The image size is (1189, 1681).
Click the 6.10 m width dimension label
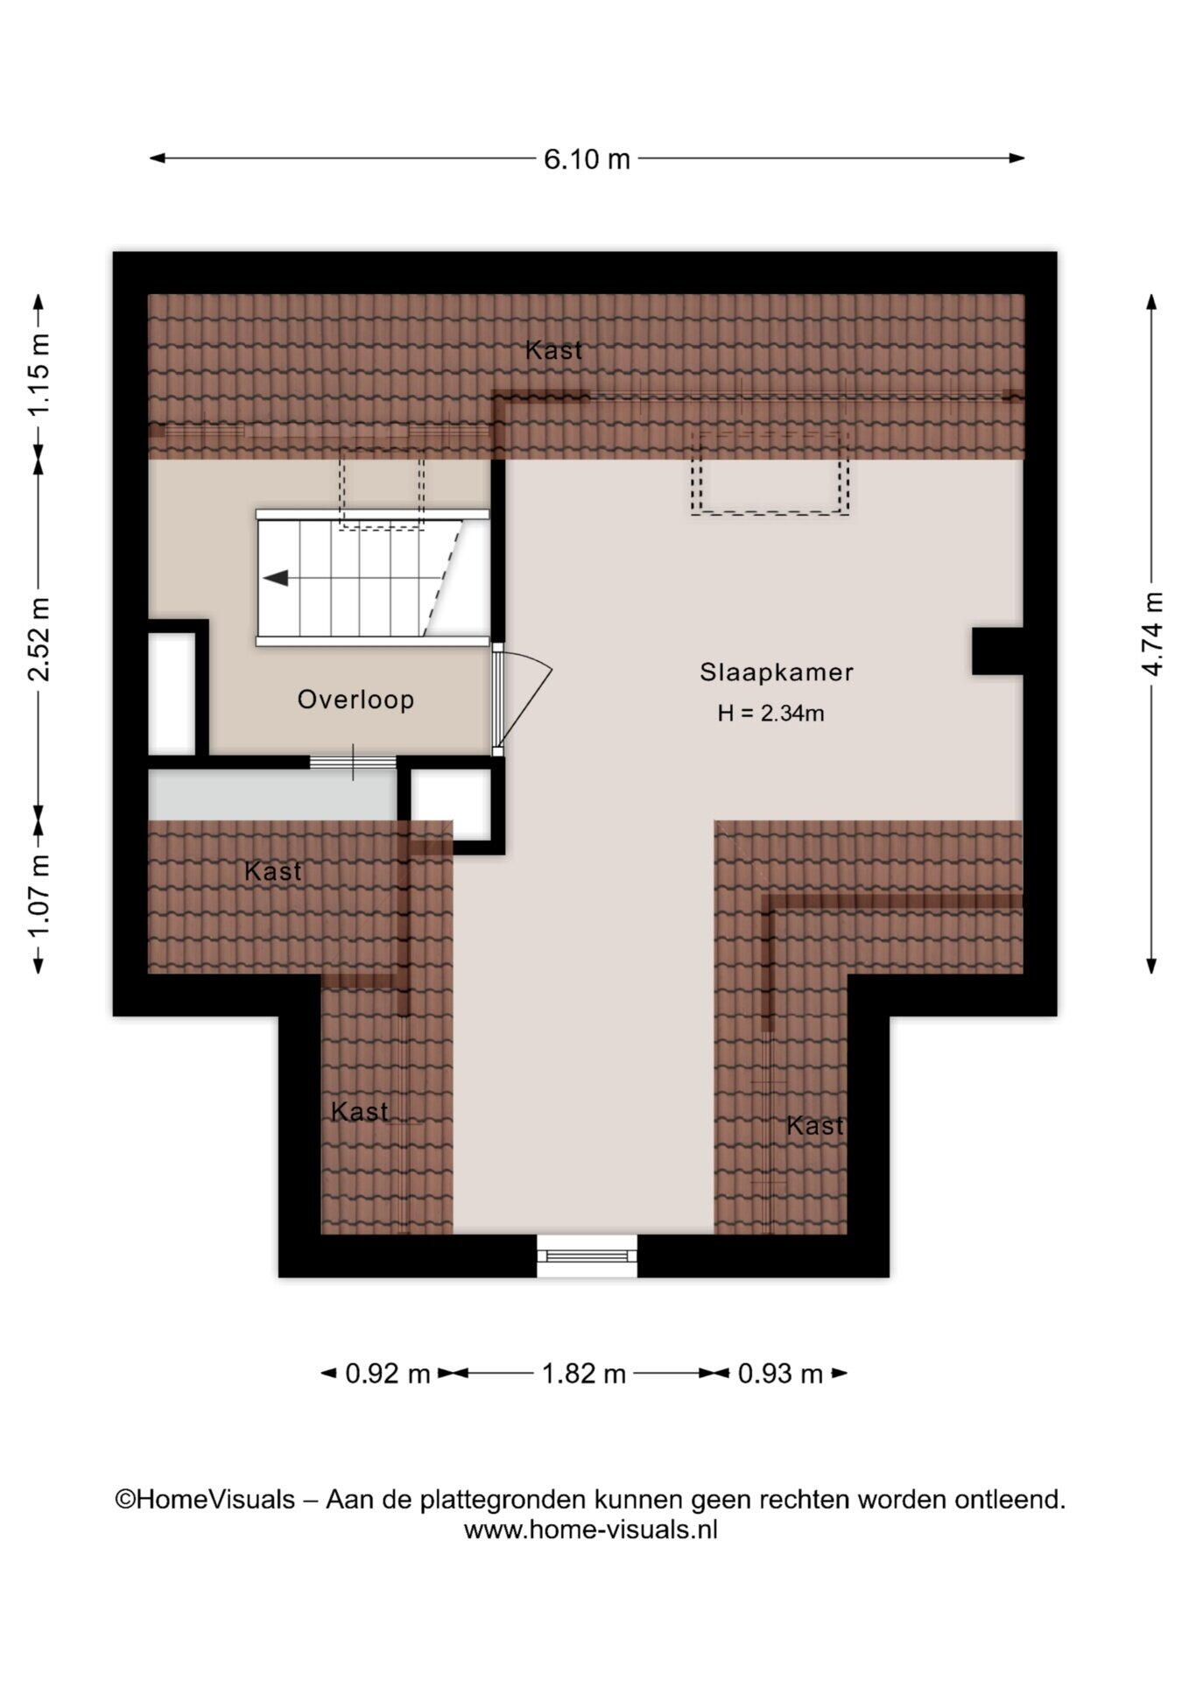[587, 159]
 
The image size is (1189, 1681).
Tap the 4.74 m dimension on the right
[1153, 633]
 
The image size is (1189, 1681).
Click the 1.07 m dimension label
[39, 897]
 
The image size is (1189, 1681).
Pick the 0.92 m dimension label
[388, 1374]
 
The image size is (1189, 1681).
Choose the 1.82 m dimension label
[584, 1374]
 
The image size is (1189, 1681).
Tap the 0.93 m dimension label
[780, 1374]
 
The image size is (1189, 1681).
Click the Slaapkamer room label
[776, 672]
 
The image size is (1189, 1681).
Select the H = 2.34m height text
[770, 714]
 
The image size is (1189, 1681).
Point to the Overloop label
[355, 700]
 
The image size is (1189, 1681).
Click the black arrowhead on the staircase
[276, 578]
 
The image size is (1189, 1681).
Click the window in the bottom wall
[587, 1255]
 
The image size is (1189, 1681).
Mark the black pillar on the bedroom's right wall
[998, 651]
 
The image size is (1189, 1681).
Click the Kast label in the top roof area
[553, 350]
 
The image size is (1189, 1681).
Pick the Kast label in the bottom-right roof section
[815, 1125]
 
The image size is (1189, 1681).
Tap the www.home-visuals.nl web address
[590, 1530]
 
